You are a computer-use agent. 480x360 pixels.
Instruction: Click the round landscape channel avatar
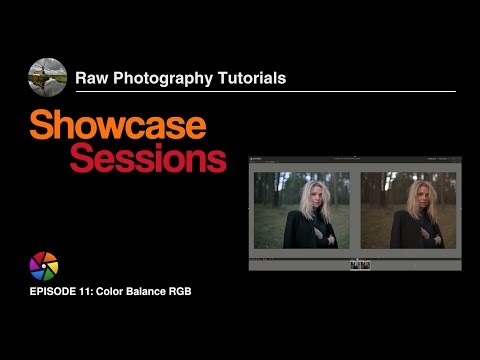click(x=47, y=78)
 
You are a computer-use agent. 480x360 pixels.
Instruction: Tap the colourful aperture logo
click(x=44, y=266)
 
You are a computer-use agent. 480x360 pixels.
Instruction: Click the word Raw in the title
click(x=94, y=77)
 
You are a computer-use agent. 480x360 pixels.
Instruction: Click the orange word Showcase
click(x=118, y=125)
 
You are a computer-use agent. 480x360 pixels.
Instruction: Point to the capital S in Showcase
click(x=41, y=125)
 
